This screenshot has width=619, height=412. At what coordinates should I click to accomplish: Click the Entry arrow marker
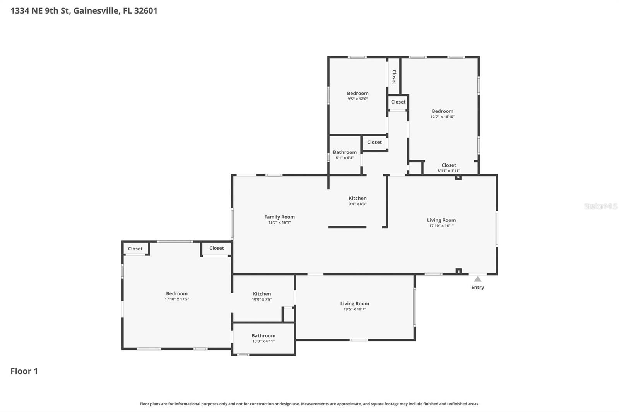pos(478,279)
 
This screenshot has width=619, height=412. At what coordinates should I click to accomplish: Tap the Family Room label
pos(279,217)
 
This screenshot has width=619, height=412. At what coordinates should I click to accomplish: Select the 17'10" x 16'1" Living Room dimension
pos(441,226)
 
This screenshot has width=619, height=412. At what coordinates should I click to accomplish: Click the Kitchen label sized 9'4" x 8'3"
pos(357,198)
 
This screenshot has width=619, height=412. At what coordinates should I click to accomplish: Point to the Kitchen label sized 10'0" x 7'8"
pos(262,294)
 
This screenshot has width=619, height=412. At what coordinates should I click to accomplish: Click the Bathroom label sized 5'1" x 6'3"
pos(345,152)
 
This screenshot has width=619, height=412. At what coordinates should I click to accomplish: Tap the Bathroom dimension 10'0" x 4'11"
pos(263,341)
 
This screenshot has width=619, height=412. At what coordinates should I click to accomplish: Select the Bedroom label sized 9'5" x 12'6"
pos(357,93)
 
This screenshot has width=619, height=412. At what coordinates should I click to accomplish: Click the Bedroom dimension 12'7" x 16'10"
pos(443,117)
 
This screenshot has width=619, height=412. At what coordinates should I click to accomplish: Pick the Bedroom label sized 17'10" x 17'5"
pos(177,294)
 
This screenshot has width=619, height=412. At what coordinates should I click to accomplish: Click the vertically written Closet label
pos(394,77)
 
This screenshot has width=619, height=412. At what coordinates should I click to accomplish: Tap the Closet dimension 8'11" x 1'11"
pos(449,170)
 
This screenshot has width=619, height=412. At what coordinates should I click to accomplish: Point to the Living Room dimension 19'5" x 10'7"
pos(354,309)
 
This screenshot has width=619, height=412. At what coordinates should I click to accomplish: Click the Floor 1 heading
pos(24,371)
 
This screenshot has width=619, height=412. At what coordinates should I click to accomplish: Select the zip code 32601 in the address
pos(145,10)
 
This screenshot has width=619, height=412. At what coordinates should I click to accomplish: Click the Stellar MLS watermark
pos(600,206)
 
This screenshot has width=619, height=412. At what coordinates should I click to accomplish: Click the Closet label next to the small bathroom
pos(374,142)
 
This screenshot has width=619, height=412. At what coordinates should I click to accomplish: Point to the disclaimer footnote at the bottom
pos(309,404)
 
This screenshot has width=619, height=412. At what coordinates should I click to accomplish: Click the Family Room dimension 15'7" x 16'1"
pos(279,223)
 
